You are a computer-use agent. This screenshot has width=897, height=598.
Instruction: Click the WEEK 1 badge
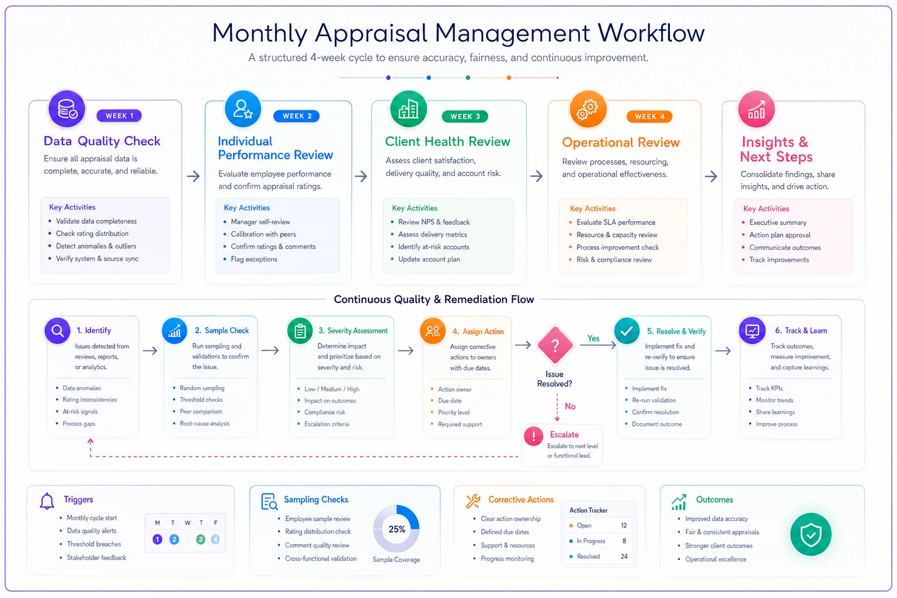pos(119,116)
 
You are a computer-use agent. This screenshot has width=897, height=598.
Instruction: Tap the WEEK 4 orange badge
pos(649,117)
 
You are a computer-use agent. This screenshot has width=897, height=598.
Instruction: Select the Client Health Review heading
pos(447,141)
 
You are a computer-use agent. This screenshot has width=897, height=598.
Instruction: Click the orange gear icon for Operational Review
pos(587,109)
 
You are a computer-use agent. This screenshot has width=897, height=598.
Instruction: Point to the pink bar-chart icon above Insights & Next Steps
pos(756,109)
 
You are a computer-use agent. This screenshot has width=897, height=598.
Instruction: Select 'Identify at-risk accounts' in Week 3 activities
pos(434,246)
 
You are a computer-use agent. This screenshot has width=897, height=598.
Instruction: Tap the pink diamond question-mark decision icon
pos(555,345)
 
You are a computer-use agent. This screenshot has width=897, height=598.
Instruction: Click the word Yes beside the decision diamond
pos(593,339)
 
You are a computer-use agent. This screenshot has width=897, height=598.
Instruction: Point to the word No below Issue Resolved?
pos(570,406)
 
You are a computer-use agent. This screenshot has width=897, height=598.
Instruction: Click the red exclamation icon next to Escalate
pos(533,436)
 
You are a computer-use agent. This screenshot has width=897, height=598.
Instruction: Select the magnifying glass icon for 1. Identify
pos(58,331)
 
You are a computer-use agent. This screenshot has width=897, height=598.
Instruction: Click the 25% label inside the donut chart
pos(397,529)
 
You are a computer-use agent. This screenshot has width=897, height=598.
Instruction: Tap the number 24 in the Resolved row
pos(624,557)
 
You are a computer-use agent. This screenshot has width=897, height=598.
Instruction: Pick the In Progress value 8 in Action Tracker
pos(624,541)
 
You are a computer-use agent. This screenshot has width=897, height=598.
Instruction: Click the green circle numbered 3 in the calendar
pos(201,540)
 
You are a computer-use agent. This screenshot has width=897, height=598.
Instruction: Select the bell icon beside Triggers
pos(47,501)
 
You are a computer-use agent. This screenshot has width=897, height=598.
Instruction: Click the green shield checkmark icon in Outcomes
pos(811,534)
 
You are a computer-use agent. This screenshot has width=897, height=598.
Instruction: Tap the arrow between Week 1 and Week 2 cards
pos(193,176)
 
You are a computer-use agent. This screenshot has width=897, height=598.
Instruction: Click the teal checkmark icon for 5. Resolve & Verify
pos(627,331)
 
